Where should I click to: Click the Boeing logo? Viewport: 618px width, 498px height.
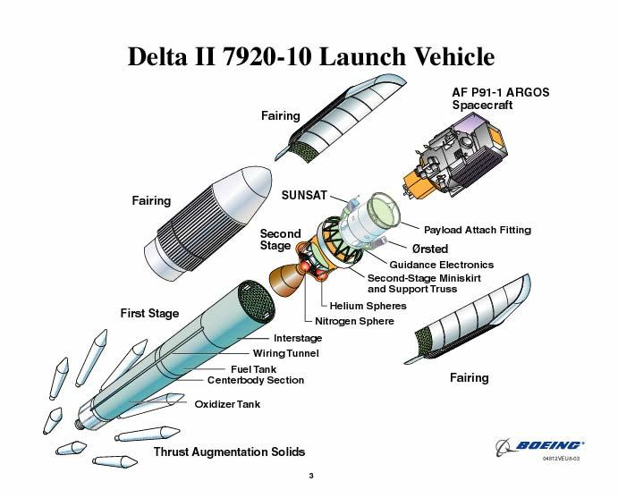[539, 446]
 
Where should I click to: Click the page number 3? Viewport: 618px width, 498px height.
[311, 476]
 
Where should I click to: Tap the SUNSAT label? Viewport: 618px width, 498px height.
[304, 195]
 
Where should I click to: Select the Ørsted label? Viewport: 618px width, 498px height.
[430, 249]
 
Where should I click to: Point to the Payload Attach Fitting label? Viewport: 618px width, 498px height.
[478, 230]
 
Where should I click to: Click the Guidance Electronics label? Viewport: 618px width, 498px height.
[442, 265]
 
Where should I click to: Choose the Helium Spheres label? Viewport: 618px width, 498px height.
[368, 306]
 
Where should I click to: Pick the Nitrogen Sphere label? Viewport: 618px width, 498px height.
[354, 321]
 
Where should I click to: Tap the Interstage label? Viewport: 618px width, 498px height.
[298, 338]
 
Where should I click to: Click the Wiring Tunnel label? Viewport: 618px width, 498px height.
[285, 353]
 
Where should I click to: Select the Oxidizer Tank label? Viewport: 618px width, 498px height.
[227, 404]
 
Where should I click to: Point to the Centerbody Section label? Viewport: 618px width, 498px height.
[256, 380]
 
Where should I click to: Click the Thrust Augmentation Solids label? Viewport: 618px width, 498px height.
[229, 452]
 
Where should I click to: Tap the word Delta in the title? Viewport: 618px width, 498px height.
[157, 56]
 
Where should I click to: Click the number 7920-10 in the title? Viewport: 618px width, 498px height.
[267, 56]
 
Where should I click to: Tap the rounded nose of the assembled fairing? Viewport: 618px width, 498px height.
[256, 184]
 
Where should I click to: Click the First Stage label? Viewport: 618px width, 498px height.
[149, 313]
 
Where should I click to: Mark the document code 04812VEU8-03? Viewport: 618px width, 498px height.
[561, 458]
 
